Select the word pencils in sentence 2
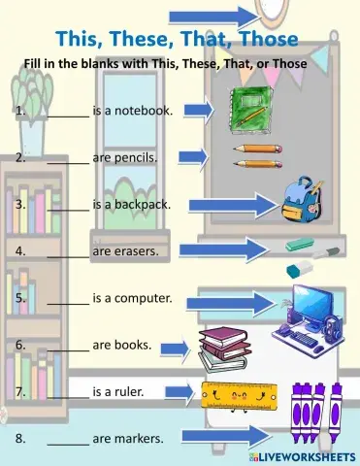[136, 156]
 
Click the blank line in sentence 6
[67, 348]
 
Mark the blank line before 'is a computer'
[67, 300]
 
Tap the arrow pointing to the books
[174, 348]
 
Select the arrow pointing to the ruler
[178, 392]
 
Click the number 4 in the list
[19, 250]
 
